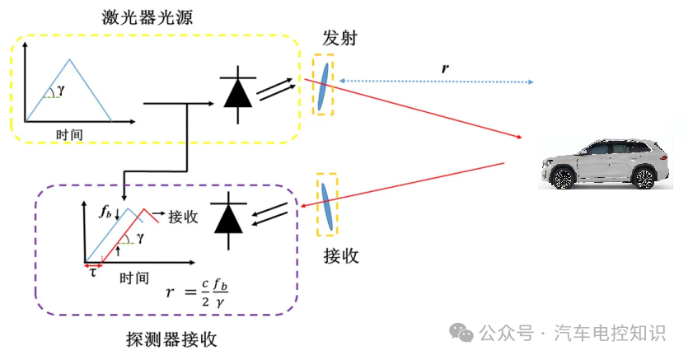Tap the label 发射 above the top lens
340,39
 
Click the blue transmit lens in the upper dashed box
324,86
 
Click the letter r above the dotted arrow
445,68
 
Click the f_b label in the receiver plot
105,212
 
